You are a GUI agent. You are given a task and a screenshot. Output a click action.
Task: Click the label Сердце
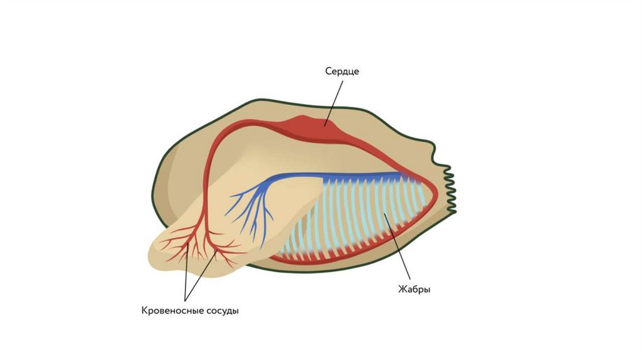342,71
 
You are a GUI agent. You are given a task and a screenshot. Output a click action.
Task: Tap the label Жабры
414,289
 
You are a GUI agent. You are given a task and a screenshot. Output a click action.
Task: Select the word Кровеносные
169,310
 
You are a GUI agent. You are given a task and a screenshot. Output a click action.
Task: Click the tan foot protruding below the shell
188,251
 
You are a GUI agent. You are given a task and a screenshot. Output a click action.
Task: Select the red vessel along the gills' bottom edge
351,259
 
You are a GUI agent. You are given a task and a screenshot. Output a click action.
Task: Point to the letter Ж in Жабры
402,289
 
